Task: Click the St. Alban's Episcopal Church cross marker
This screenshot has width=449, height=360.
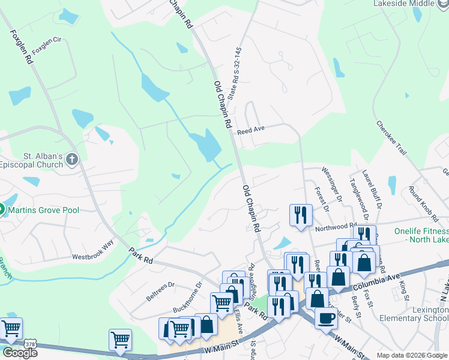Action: tap(72, 159)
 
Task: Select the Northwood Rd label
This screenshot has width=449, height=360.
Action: tap(336, 227)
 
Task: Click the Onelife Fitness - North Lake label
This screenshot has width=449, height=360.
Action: tap(421, 235)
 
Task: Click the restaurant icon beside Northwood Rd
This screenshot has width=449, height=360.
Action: tap(300, 214)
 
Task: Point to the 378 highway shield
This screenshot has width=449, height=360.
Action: tap(30, 343)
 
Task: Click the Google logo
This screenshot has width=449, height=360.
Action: tap(20, 352)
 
